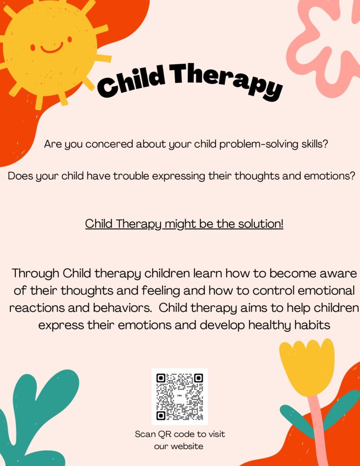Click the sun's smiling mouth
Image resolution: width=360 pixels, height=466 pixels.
tap(52, 48)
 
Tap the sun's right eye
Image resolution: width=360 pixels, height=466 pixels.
tap(70, 39)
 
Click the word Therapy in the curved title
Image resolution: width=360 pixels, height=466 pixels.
tap(226, 80)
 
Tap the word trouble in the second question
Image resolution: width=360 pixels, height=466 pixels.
tap(131, 176)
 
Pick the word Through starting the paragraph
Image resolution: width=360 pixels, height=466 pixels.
tap(35, 274)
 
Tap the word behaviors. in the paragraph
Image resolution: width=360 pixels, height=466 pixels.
tap(122, 308)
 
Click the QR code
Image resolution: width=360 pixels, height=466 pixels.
tap(180, 396)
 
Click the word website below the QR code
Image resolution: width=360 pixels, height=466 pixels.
tap(187, 446)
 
